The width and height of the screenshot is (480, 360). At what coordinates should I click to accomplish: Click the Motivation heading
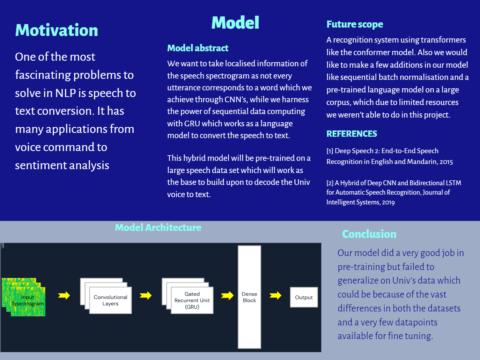click(x=57, y=30)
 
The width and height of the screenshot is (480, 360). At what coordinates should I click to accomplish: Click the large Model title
click(x=235, y=23)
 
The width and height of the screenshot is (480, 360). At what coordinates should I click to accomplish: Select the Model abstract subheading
click(x=198, y=48)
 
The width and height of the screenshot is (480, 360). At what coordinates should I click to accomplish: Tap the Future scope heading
click(x=355, y=24)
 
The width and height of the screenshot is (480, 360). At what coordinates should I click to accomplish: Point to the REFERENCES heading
click(x=352, y=134)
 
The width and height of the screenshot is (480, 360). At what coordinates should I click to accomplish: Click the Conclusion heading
click(x=369, y=234)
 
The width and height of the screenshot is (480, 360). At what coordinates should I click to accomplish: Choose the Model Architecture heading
click(x=158, y=228)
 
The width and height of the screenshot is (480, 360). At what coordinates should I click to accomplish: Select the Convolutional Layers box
click(x=110, y=300)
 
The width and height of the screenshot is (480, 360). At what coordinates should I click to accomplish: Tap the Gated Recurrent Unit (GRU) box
click(x=192, y=300)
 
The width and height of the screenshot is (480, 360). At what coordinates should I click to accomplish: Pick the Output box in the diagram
click(x=304, y=297)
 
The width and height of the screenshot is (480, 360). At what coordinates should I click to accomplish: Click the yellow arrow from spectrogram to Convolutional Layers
click(x=64, y=296)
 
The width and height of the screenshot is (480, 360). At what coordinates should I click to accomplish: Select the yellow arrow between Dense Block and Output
click(x=275, y=296)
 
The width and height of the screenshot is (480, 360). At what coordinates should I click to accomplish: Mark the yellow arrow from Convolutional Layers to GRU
click(x=146, y=296)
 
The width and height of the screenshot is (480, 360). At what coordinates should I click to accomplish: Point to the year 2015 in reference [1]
click(x=446, y=162)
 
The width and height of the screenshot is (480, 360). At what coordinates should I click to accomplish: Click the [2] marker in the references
click(x=330, y=183)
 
